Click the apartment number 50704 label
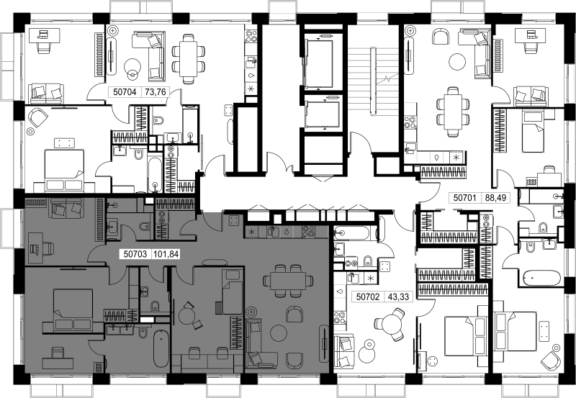coord(125,92)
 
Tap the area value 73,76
coord(156,92)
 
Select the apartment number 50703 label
coord(135,254)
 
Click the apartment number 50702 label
coord(368,297)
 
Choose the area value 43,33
coord(399,297)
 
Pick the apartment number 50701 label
coord(464,198)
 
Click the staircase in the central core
coord(373,81)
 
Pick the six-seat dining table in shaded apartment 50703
coord(288,281)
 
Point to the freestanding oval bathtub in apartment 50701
coord(541,278)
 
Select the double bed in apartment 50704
coord(65,170)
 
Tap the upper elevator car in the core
coord(319,63)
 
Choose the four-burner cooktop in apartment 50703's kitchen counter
coord(309,232)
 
